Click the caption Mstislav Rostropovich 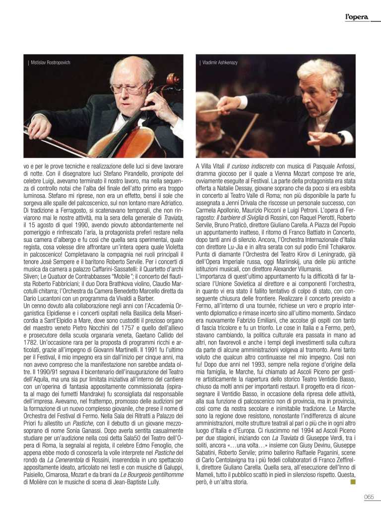coord(50,62)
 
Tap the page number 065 coord(368,497)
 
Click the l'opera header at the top coord(357,17)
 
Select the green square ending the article coord(353,481)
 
